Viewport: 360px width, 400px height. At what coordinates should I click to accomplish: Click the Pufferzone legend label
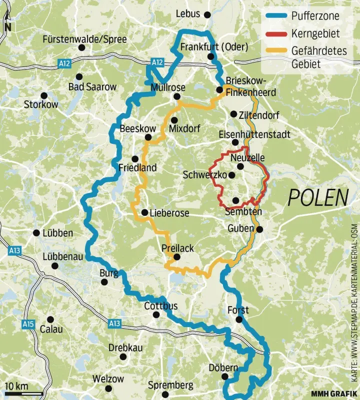point(315,16)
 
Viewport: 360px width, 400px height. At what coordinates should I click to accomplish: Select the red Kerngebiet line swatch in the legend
point(276,34)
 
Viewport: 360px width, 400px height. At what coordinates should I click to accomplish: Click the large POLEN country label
point(318,198)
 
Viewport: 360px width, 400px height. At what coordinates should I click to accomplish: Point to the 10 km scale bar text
point(16,386)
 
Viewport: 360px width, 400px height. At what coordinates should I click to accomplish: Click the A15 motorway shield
point(28,325)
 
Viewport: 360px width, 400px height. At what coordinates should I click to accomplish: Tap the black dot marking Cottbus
point(156,315)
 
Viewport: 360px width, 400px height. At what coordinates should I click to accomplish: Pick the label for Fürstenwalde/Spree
point(84,39)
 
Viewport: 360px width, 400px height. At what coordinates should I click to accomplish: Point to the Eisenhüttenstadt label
point(254,135)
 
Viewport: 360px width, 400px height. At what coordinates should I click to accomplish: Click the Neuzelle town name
point(247,158)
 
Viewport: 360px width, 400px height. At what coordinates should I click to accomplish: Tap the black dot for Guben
point(260,229)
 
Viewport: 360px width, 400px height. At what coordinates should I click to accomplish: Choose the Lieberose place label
point(169,213)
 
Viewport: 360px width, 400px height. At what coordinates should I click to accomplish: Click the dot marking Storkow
point(44,95)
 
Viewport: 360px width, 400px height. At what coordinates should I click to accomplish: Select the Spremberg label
point(170,386)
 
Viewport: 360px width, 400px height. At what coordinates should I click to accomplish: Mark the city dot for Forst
point(239,320)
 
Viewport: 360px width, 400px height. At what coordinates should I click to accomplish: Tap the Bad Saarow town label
point(92,87)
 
